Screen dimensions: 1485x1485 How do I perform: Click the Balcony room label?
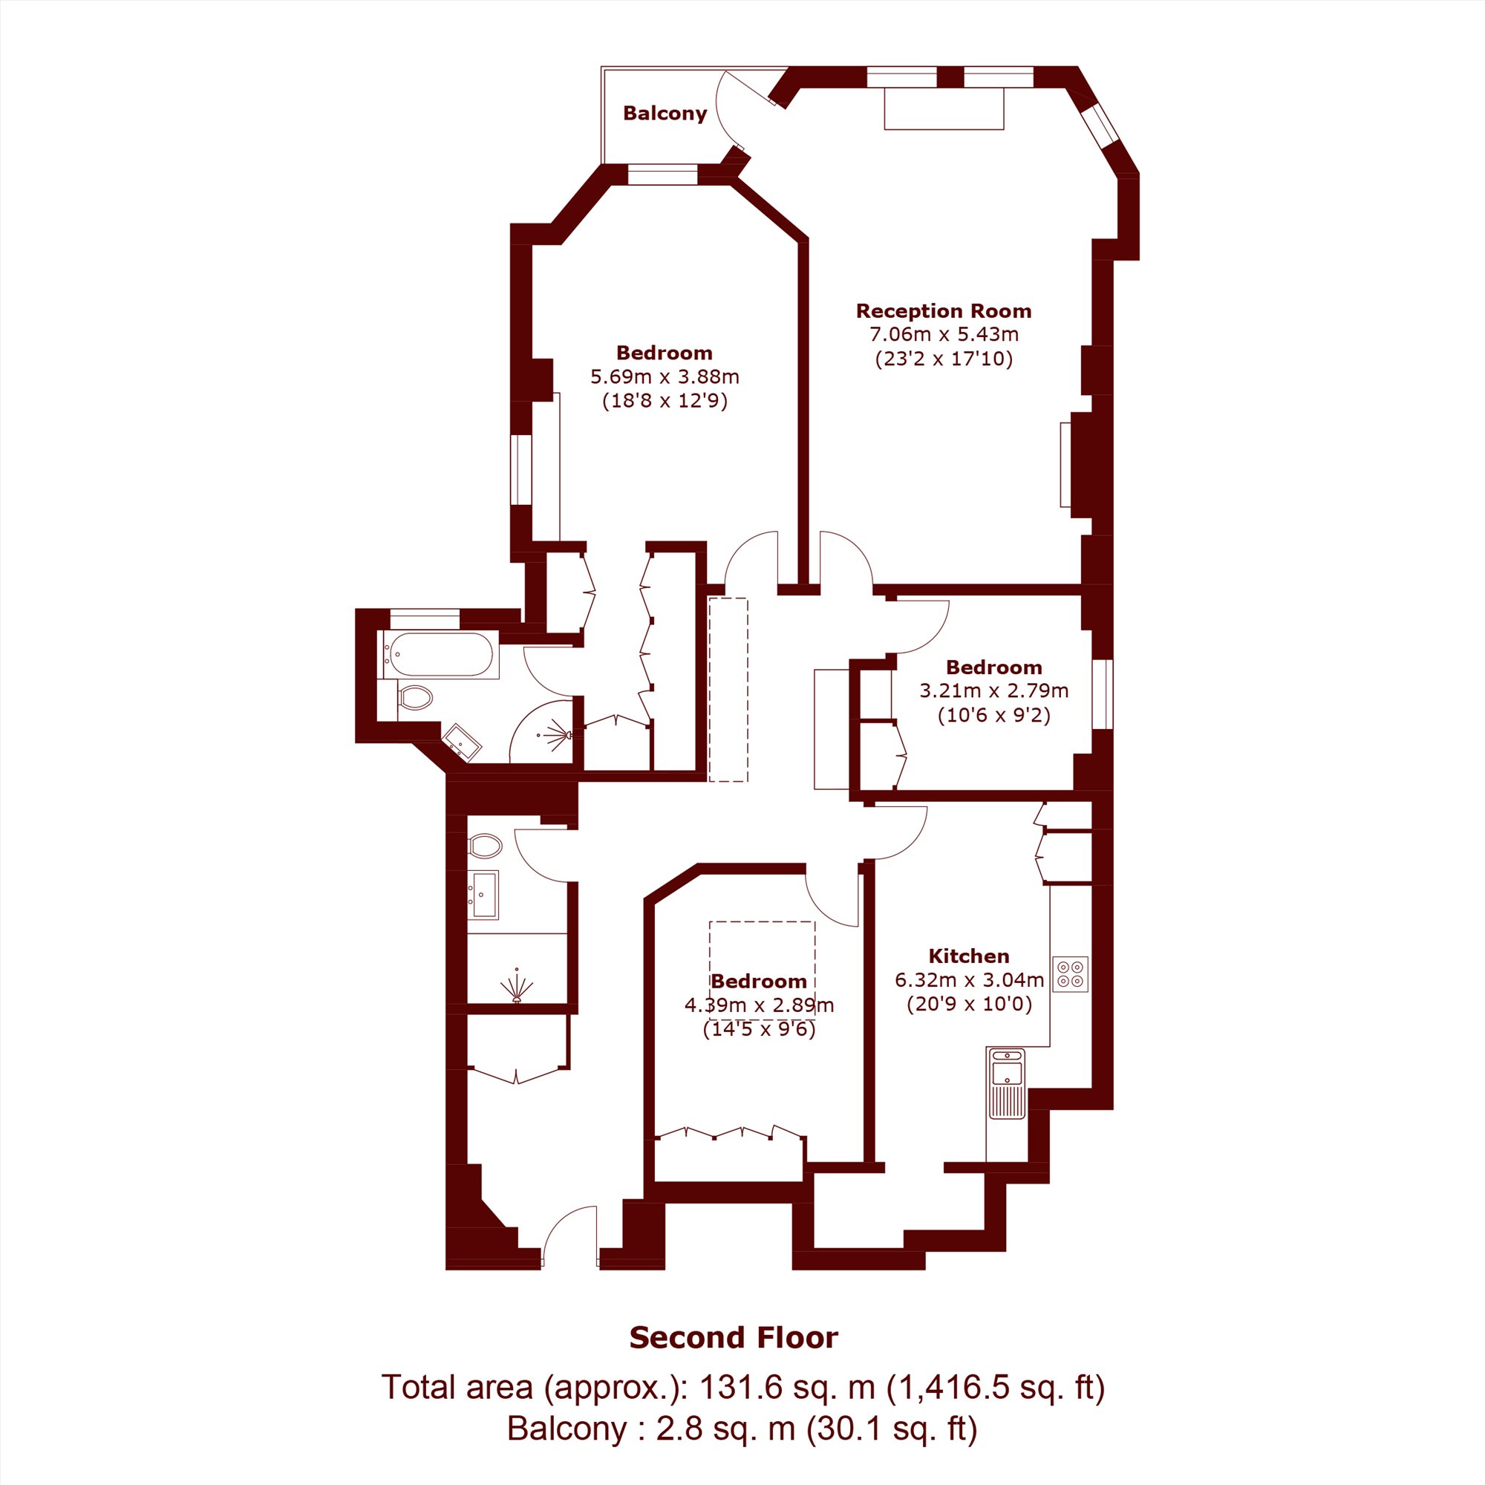click(x=665, y=113)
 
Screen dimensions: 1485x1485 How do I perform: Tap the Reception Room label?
click(x=944, y=310)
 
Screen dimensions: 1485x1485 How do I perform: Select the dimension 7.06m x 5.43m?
click(x=944, y=334)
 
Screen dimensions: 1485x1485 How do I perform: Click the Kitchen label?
click(x=969, y=956)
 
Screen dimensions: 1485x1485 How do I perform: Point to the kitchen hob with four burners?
click(x=1071, y=974)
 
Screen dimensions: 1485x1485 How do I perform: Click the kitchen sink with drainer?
click(x=1006, y=1083)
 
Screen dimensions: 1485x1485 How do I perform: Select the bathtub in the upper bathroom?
click(x=440, y=654)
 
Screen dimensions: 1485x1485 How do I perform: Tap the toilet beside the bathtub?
click(x=414, y=698)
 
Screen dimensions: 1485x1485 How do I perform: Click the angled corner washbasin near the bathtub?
click(x=462, y=742)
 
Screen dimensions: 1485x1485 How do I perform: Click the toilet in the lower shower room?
click(x=484, y=846)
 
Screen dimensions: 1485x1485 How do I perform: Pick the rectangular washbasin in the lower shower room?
click(x=483, y=895)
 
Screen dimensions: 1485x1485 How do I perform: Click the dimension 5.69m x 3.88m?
click(x=665, y=376)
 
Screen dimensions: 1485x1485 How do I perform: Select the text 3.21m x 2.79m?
click(x=994, y=691)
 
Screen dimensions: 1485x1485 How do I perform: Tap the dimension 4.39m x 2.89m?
click(x=760, y=1005)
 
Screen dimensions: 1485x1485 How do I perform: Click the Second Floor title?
click(x=734, y=1338)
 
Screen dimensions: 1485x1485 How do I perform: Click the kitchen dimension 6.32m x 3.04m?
click(x=969, y=980)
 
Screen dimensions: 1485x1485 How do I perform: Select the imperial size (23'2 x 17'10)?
click(x=944, y=359)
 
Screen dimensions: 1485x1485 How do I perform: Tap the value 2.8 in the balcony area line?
click(x=676, y=1429)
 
